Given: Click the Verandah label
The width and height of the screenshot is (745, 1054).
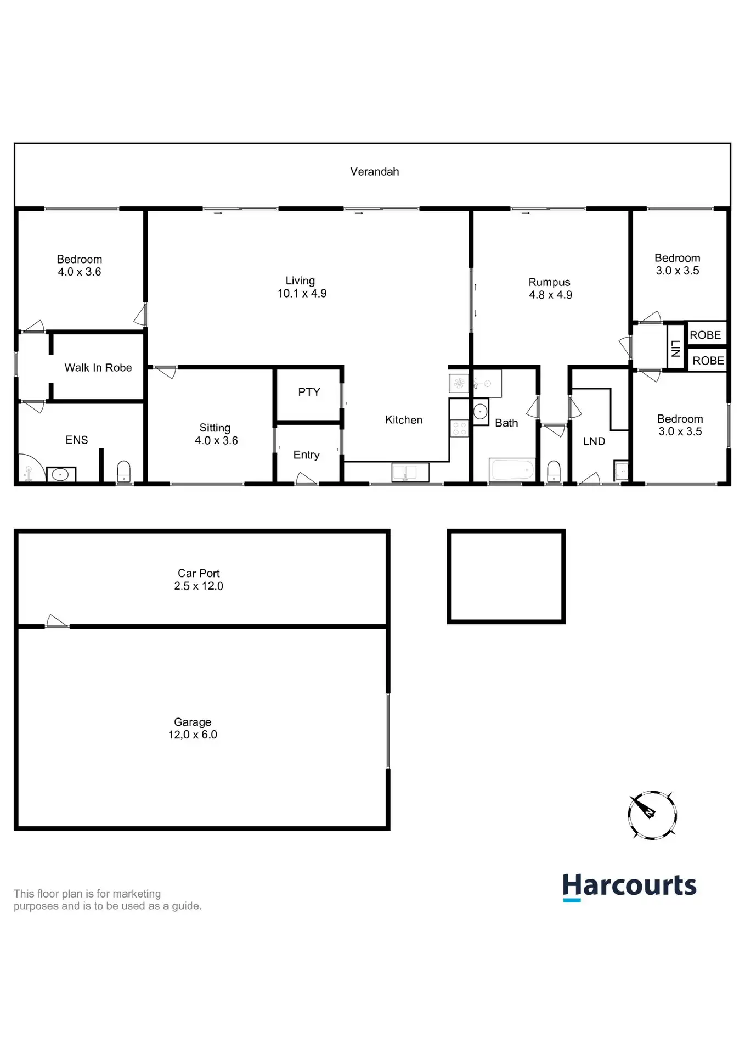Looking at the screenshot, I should tap(375, 172).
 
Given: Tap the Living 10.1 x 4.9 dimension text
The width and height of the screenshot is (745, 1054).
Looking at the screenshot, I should tap(302, 294).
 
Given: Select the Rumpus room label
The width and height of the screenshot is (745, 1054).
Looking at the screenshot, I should tap(549, 282).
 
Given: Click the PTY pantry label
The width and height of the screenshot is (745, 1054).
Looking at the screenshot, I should tap(309, 392).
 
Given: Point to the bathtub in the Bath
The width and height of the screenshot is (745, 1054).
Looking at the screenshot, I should tap(512, 470).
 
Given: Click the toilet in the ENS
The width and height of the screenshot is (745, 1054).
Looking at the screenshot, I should tap(124, 472).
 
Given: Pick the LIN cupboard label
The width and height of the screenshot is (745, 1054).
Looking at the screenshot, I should tap(676, 349).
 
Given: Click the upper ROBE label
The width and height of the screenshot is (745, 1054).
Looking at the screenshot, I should tap(706, 335).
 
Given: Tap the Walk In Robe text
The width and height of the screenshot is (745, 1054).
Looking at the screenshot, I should tap(98, 368).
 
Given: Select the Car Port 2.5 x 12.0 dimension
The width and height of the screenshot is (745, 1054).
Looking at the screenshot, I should tap(199, 586).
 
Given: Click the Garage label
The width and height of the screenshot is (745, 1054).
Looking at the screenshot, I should tap(193, 722).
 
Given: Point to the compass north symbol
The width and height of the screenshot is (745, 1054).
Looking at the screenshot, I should tap(652, 815).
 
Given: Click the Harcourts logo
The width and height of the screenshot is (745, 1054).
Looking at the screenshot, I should tap(629, 887).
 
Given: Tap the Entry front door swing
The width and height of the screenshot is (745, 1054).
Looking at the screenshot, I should tap(307, 479).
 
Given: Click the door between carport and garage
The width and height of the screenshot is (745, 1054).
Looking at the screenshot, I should tap(57, 623).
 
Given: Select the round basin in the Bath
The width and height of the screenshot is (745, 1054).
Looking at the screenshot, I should tap(481, 412).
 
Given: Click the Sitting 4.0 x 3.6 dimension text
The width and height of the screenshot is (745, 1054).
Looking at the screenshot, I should tap(216, 441).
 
